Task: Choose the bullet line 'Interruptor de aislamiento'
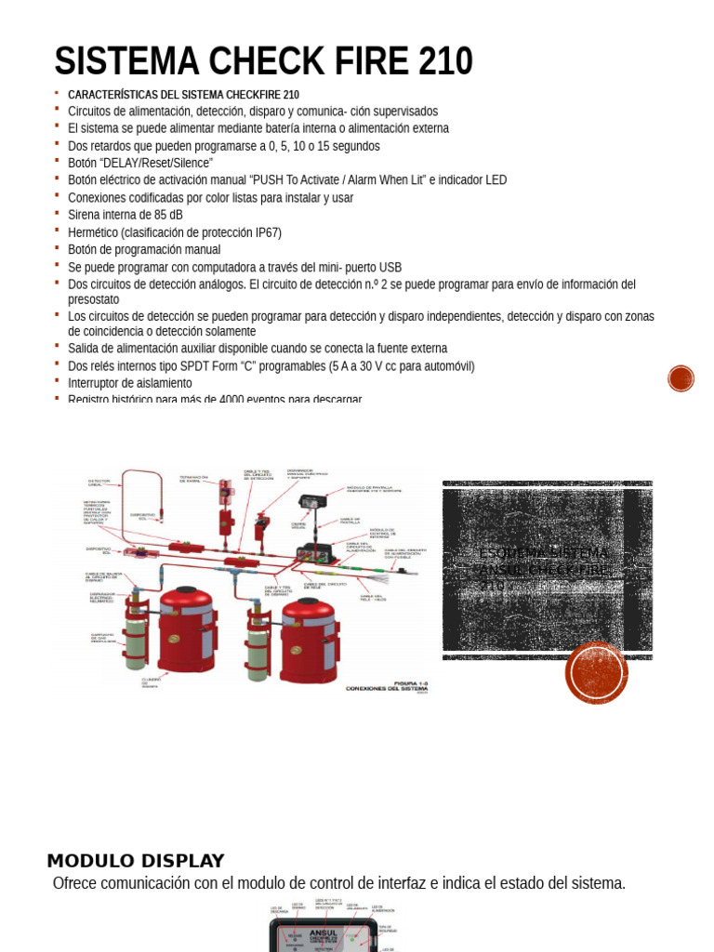129,383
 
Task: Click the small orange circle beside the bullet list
681,378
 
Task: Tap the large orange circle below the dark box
596,672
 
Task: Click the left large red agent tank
187,629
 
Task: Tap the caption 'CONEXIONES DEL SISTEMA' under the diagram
387,689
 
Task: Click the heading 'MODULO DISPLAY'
136,861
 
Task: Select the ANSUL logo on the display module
323,932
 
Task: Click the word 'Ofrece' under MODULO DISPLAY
74,883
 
